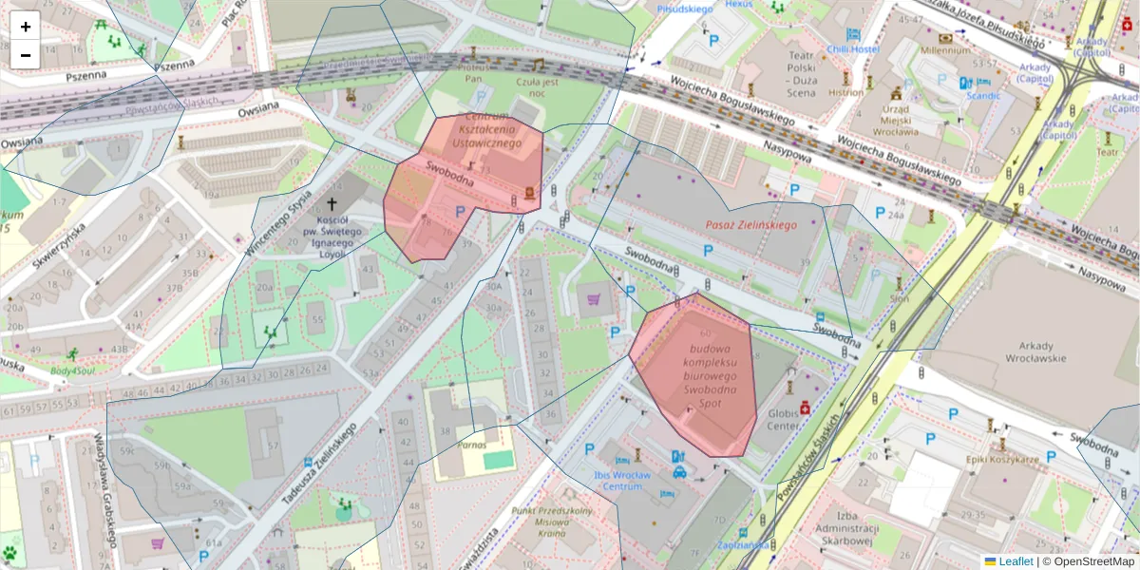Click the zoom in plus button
(x=26, y=27)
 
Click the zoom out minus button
(x=26, y=55)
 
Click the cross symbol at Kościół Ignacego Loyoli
(x=332, y=204)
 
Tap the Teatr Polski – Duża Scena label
(x=785, y=84)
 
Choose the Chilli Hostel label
(x=852, y=49)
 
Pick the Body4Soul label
(x=72, y=370)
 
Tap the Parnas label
(x=471, y=444)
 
